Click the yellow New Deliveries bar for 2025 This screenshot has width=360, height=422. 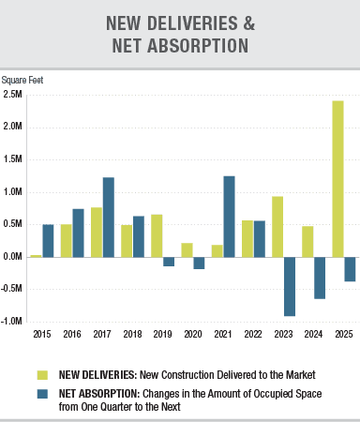click(x=337, y=178)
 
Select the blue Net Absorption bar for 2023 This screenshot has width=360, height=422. click(x=290, y=286)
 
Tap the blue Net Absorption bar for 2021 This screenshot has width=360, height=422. click(x=230, y=216)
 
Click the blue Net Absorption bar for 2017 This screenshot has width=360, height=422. click(x=109, y=217)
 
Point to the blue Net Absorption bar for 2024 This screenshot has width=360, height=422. click(x=320, y=278)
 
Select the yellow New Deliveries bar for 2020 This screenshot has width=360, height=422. click(x=187, y=249)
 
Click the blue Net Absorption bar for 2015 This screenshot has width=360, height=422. click(x=48, y=240)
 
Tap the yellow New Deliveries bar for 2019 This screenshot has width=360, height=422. click(x=157, y=235)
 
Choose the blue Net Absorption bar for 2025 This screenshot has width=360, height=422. click(x=350, y=269)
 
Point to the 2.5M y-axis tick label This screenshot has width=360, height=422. click(x=13, y=95)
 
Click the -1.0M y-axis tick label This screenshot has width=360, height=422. click(x=13, y=321)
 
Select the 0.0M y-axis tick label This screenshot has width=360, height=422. click(x=13, y=256)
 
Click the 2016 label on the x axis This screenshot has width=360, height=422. click(x=72, y=333)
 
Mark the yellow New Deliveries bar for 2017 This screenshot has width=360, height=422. click(x=97, y=232)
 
